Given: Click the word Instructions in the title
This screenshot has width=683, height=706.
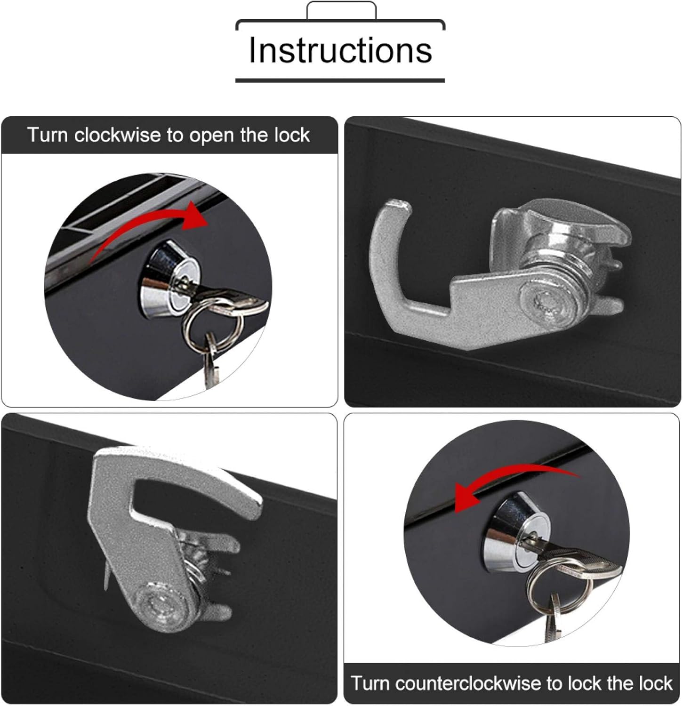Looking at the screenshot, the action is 340,50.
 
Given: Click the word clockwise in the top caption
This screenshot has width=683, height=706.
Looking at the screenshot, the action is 118,135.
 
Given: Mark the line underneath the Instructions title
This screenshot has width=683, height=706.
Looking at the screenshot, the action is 340,80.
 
